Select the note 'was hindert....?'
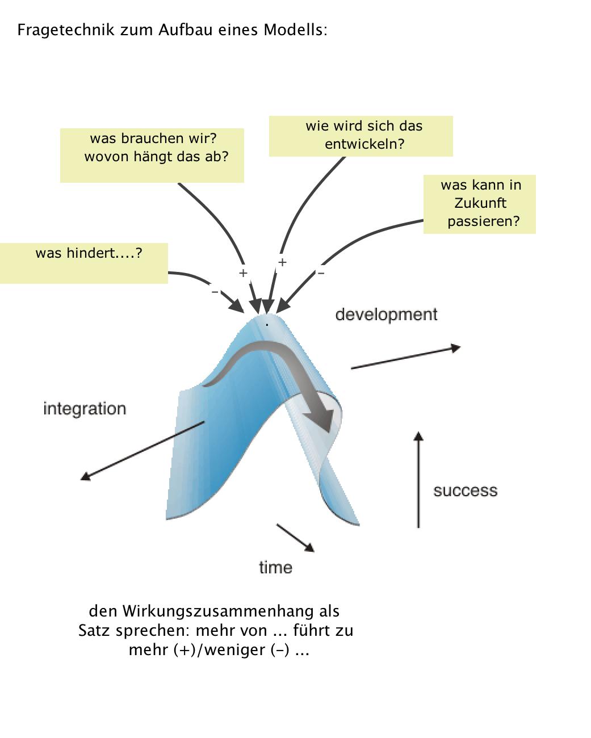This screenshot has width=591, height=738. tap(84, 263)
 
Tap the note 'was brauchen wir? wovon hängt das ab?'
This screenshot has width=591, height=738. tap(152, 155)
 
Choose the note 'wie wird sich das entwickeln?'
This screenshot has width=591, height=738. tap(361, 136)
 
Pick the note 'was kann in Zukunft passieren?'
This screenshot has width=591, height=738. tap(480, 204)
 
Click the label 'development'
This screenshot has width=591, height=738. tap(386, 315)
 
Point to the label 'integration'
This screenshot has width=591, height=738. tap(85, 409)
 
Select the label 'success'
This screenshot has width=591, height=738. tap(465, 491)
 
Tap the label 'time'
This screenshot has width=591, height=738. tap(275, 567)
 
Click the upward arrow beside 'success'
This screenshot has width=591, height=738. tap(418, 480)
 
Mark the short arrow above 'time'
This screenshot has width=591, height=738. tap(295, 537)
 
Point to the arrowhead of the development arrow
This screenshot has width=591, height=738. tap(455, 348)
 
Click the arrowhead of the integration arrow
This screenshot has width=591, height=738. tap(86, 477)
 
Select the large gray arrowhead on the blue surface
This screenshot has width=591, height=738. tap(320, 419)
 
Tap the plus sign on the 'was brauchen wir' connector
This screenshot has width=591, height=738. tap(243, 273)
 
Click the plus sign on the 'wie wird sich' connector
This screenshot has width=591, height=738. tap(282, 262)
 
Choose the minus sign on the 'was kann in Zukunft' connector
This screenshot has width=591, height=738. tap(321, 274)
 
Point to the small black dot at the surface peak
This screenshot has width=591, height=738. tap(267, 325)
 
